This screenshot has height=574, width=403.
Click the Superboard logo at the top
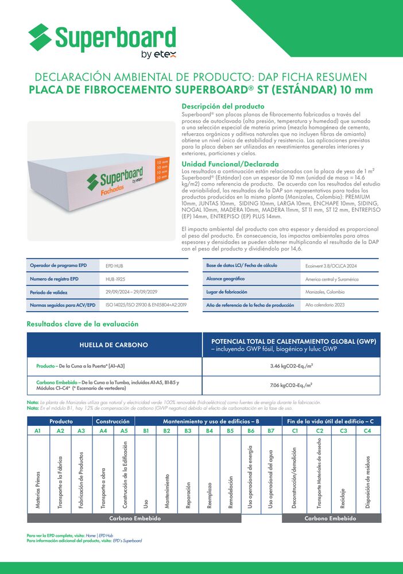pyautogui.click(x=102, y=40)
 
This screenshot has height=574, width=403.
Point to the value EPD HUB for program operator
pyautogui.click(x=115, y=266)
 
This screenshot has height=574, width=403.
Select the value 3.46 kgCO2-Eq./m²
pyautogui.click(x=291, y=366)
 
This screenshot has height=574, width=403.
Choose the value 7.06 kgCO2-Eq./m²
pyautogui.click(x=291, y=385)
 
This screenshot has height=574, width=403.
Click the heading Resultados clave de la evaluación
pyautogui.click(x=83, y=324)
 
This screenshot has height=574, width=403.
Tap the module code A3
pyautogui.click(x=81, y=430)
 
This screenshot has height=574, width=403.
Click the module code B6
pyautogui.click(x=250, y=430)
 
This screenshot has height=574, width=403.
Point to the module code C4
pyautogui.click(x=367, y=430)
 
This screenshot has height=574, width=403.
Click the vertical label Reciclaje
pyautogui.click(x=343, y=496)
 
